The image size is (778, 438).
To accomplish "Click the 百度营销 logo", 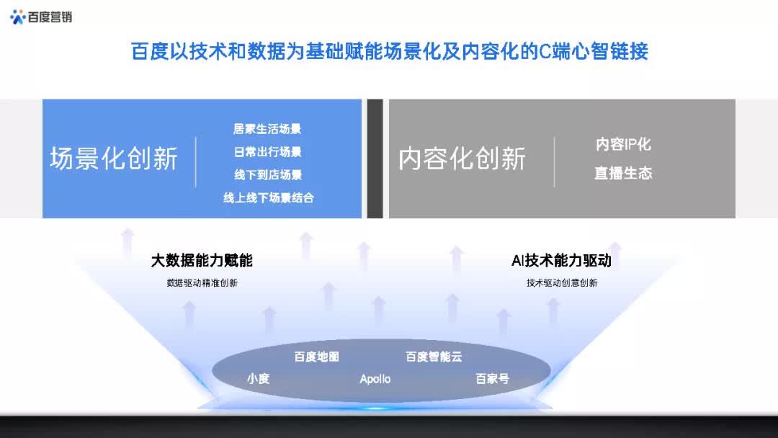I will click(x=41, y=17).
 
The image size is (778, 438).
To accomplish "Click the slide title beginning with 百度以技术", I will click(x=390, y=52).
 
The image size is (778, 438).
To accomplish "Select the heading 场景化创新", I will click(x=114, y=158).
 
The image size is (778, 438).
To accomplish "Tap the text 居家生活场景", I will click(x=267, y=129).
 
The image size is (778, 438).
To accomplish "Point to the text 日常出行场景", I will click(x=267, y=152).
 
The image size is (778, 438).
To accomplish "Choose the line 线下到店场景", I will click(x=267, y=174).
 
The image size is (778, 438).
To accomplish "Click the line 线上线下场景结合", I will click(x=268, y=197).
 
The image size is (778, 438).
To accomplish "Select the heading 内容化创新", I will click(x=462, y=158).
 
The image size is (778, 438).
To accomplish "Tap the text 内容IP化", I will click(x=623, y=144).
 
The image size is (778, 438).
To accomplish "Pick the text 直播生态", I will click(x=623, y=173).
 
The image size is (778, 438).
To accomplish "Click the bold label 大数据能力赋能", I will click(x=202, y=261).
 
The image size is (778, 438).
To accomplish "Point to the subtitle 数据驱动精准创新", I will click(x=202, y=283).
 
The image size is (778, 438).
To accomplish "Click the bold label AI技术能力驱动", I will click(x=561, y=261).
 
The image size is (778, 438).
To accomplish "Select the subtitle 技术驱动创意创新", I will click(x=562, y=283).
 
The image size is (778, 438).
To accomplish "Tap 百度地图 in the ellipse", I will click(x=316, y=357).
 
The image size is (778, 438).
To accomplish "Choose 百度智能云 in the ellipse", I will click(x=434, y=357).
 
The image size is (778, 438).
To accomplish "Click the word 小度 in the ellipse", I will click(x=258, y=378).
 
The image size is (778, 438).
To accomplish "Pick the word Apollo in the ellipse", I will click(x=375, y=379).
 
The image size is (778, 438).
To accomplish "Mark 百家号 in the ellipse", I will click(x=492, y=378).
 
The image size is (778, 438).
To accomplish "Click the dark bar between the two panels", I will click(x=375, y=158).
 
